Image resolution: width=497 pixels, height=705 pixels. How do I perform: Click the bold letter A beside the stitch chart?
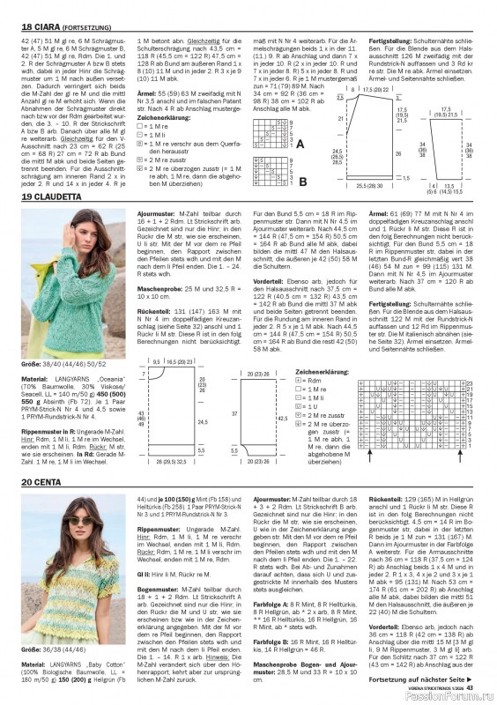click(300, 143)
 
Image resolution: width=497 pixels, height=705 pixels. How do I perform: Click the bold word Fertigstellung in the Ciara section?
click(390, 41)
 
